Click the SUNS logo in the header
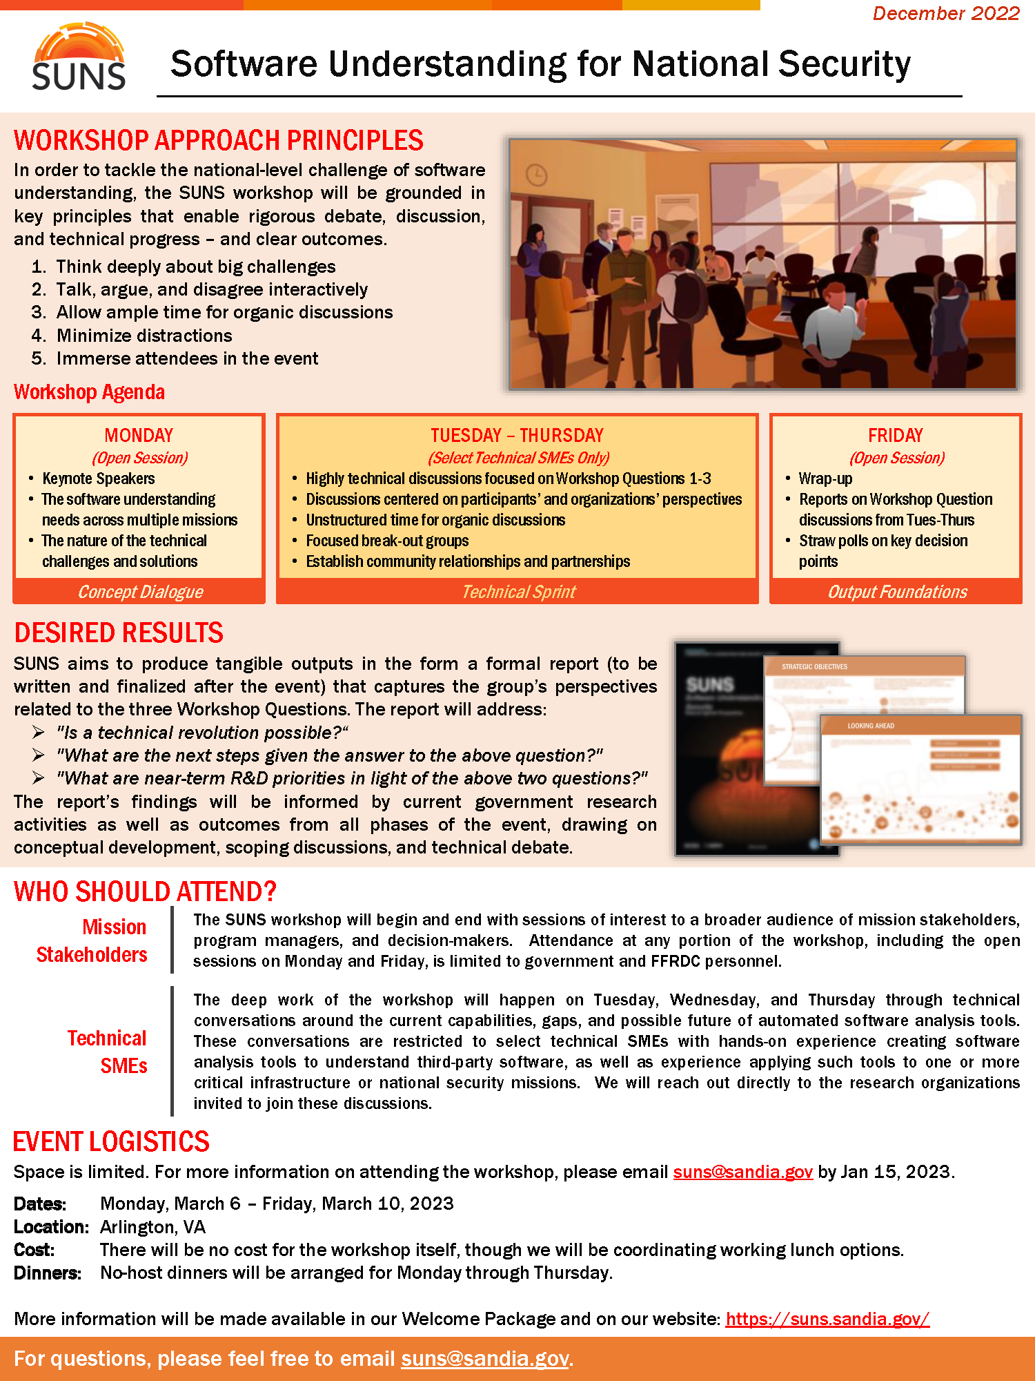pyautogui.click(x=79, y=58)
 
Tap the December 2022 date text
pyautogui.click(x=945, y=14)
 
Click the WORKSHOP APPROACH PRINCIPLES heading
pyautogui.click(x=218, y=140)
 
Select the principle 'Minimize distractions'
pyautogui.click(x=144, y=336)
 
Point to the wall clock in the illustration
pyautogui.click(x=536, y=175)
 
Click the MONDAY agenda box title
pyautogui.click(x=139, y=435)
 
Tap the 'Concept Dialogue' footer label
pyautogui.click(x=140, y=592)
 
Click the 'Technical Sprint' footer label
pyautogui.click(x=518, y=592)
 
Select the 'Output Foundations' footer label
pyautogui.click(x=897, y=592)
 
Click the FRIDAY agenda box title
pyautogui.click(x=895, y=435)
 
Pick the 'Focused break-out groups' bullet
pyautogui.click(x=387, y=541)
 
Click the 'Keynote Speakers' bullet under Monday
pyautogui.click(x=98, y=479)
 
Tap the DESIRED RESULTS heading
pyautogui.click(x=119, y=632)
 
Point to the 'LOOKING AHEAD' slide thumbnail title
pyautogui.click(x=871, y=726)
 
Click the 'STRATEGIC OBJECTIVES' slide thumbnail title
pyautogui.click(x=814, y=667)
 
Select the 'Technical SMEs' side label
pyautogui.click(x=108, y=1052)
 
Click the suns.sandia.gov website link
pyautogui.click(x=827, y=1319)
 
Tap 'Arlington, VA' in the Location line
pyautogui.click(x=152, y=1227)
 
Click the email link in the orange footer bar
pyautogui.click(x=484, y=1358)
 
